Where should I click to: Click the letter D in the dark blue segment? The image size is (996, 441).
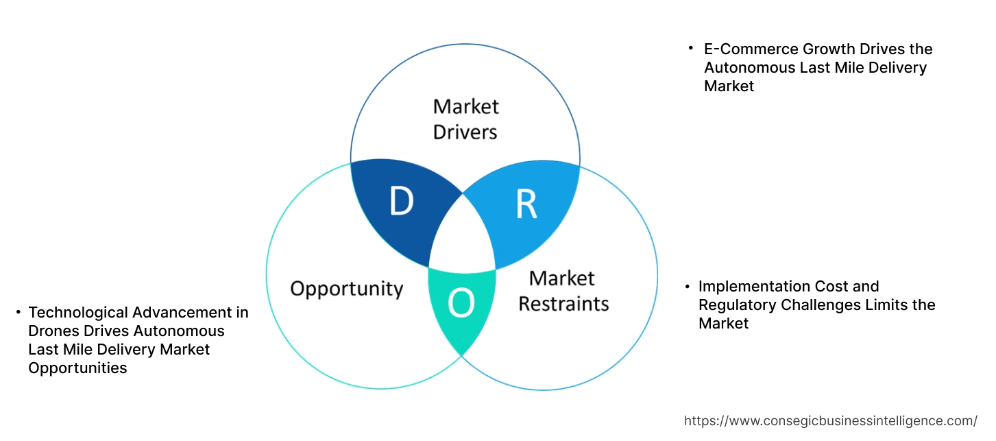point(402,201)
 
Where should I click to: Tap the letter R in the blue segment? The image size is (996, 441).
point(526,204)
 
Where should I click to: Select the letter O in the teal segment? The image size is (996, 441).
point(461,304)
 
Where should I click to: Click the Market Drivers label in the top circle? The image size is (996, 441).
point(465,119)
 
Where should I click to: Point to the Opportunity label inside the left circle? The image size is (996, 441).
point(346,288)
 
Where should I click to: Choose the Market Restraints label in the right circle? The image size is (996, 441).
point(563,290)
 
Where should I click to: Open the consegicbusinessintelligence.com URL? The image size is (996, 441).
point(831,420)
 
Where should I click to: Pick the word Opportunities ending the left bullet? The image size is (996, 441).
point(77,368)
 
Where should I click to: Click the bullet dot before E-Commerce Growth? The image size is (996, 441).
point(691,49)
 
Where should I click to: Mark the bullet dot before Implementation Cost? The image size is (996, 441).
point(686,286)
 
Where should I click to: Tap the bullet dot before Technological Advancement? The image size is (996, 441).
point(17,313)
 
